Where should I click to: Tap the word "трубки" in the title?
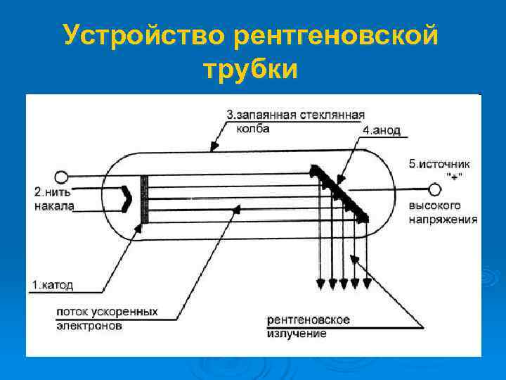[x=250, y=70]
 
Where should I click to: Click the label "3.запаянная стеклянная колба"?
[x=295, y=121]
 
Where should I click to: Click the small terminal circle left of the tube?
[x=61, y=177]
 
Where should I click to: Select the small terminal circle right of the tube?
[x=435, y=189]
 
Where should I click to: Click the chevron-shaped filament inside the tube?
[x=126, y=198]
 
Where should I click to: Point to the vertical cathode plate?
[x=145, y=199]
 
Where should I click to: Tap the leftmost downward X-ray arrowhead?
[x=320, y=284]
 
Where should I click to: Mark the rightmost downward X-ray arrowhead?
[x=365, y=284]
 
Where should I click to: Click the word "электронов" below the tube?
[x=89, y=327]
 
